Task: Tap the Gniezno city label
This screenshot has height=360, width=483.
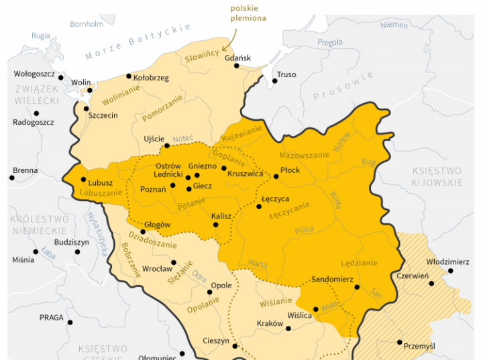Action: point(202,166)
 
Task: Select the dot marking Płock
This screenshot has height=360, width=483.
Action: point(276,176)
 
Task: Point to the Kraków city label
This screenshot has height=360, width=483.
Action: point(270,323)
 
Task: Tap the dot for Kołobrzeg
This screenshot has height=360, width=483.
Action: point(129,76)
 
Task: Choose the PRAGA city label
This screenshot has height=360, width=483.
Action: point(51,317)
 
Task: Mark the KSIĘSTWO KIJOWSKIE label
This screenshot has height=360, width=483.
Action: point(437,176)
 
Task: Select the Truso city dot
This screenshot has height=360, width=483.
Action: point(274,81)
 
